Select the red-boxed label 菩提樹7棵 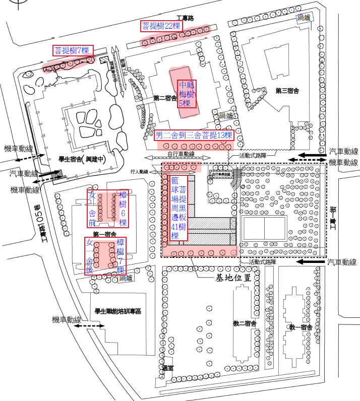[73, 50]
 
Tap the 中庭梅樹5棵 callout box [187, 94]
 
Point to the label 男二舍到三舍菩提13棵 [194, 135]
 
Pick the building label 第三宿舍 [287, 91]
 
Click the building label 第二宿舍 [165, 99]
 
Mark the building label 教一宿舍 [301, 327]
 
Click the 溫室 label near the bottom [168, 368]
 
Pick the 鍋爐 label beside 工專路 [303, 18]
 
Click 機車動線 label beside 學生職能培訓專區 [68, 320]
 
